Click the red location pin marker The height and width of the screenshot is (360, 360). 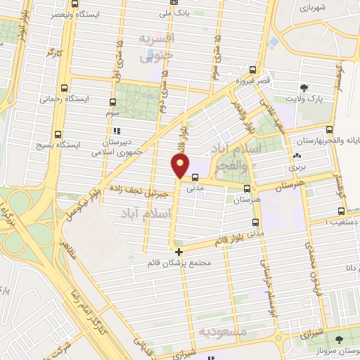pyautogui.click(x=181, y=166)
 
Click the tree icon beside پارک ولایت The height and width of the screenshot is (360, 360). pyautogui.click(x=304, y=88)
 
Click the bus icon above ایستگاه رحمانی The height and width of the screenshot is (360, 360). pyautogui.click(x=65, y=88)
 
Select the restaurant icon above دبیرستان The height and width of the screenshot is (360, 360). pyautogui.click(x=116, y=131)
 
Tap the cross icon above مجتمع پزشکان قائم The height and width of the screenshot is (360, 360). pyautogui.click(x=179, y=251)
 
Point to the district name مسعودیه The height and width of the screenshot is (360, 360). pyautogui.click(x=222, y=330)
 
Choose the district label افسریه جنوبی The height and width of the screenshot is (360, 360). pyautogui.click(x=156, y=47)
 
